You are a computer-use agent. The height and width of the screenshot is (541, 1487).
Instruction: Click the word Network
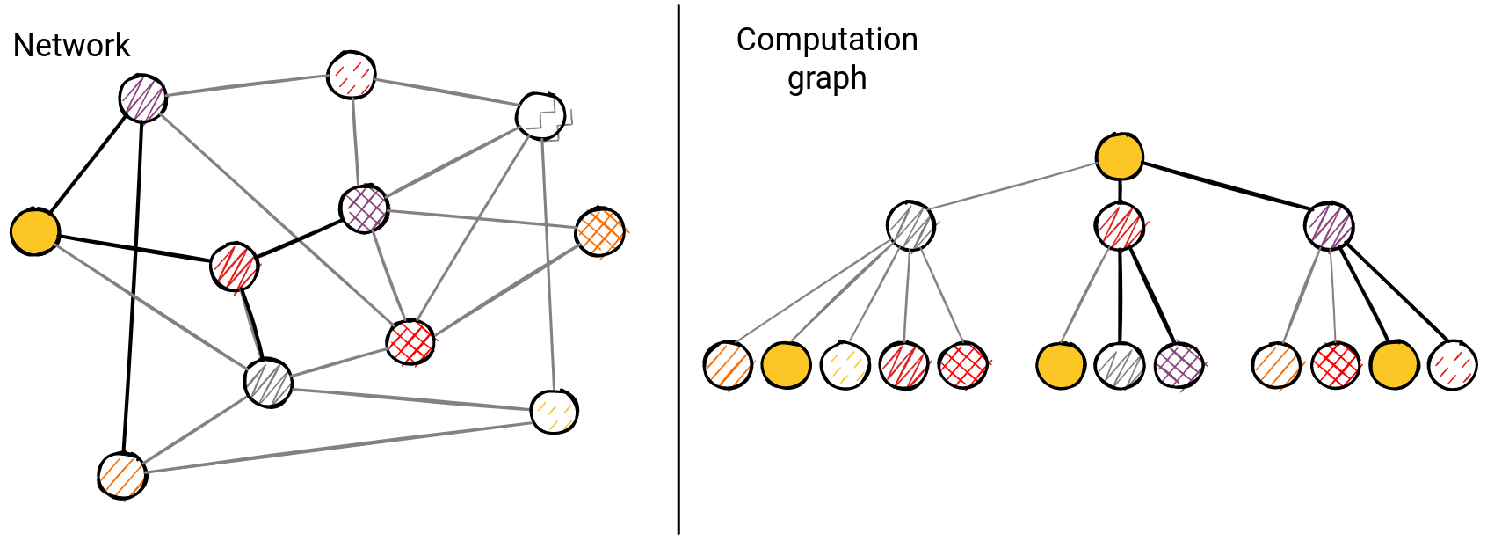(x=71, y=46)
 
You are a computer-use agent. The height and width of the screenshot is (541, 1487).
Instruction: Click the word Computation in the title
(x=826, y=40)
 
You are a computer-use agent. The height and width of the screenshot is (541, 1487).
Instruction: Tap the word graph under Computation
(x=826, y=79)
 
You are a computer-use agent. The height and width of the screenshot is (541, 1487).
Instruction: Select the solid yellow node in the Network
(x=35, y=232)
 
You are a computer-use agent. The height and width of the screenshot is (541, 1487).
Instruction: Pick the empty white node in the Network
(x=540, y=115)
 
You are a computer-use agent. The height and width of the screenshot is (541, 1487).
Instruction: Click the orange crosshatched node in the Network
(x=600, y=232)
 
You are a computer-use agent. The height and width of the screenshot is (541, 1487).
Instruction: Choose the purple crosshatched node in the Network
(x=364, y=208)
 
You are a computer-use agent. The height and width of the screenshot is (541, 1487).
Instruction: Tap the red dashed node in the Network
(x=352, y=75)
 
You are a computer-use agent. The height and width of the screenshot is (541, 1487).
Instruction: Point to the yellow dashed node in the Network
(x=555, y=412)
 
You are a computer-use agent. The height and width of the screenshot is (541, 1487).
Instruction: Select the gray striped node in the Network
(x=268, y=383)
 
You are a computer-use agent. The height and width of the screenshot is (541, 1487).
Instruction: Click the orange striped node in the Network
(x=122, y=476)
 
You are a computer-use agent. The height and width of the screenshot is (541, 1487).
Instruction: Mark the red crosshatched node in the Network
(x=410, y=341)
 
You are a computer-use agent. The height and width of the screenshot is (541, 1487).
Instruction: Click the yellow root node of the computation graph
(x=1120, y=157)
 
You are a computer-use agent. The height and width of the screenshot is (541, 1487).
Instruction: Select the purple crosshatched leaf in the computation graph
(x=1179, y=366)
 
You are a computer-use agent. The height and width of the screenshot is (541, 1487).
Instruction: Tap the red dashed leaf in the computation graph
(x=1453, y=365)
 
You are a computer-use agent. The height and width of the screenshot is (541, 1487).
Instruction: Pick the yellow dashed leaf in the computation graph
(x=845, y=366)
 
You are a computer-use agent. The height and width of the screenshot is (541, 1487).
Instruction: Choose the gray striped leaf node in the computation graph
(x=1120, y=366)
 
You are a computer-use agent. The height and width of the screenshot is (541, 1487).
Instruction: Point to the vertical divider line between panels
(x=678, y=264)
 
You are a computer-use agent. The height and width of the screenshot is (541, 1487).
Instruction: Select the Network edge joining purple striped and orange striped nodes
(x=133, y=290)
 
